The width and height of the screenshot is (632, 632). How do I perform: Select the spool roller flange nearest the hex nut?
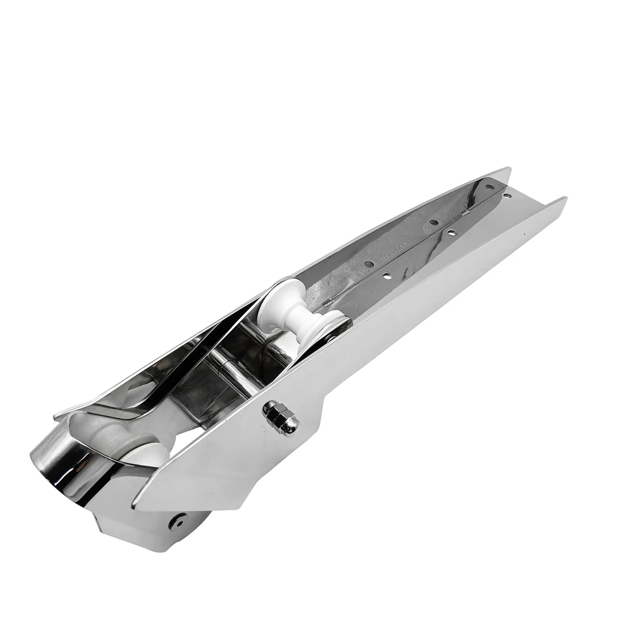point(321,329)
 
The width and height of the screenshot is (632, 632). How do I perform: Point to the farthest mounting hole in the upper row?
point(489,187)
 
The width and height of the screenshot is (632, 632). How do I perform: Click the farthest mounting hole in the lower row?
point(507,197)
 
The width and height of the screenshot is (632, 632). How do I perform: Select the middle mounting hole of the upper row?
point(433,222)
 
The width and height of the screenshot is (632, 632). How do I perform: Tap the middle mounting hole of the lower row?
point(451,233)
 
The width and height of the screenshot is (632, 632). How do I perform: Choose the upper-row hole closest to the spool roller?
point(369,264)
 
